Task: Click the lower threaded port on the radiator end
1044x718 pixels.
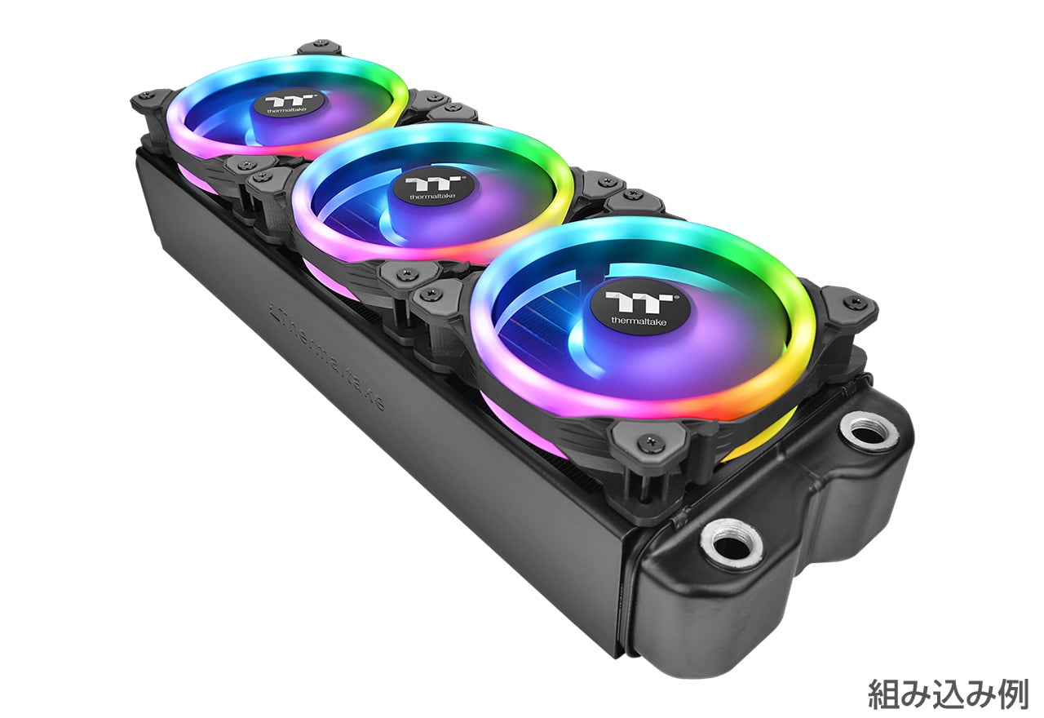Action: [732, 544]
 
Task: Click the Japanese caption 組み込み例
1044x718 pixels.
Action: [948, 694]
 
